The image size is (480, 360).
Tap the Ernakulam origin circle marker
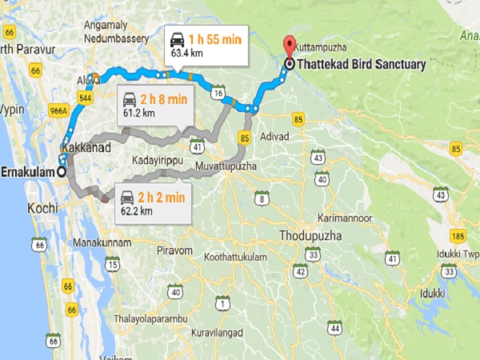[x=62, y=172]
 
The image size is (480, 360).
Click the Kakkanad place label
[x=86, y=149]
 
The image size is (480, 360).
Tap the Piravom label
[x=175, y=250]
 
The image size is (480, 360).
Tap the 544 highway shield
[x=85, y=98]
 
